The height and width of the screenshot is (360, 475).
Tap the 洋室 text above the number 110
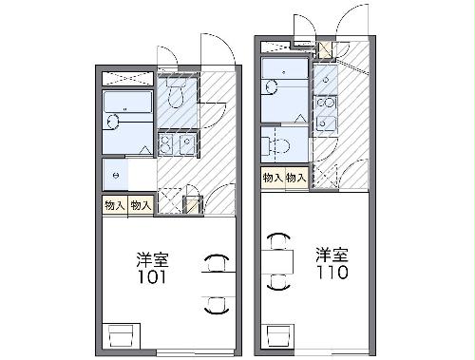tap(332, 254)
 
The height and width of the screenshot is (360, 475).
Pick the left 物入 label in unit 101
tap(113, 205)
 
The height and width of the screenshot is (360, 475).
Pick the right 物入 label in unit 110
tap(296, 178)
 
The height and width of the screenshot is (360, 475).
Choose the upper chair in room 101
tap(217, 260)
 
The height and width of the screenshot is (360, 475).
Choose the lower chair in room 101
tap(217, 303)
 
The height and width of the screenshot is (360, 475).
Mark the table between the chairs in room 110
tap(278, 259)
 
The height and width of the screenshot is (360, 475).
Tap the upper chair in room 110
tap(278, 238)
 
